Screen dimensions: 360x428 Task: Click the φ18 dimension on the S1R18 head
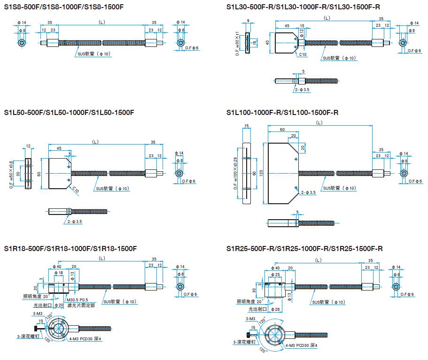point(59,273)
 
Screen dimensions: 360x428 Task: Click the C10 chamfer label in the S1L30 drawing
point(303,54)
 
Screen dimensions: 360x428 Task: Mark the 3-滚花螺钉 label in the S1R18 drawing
point(30,336)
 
